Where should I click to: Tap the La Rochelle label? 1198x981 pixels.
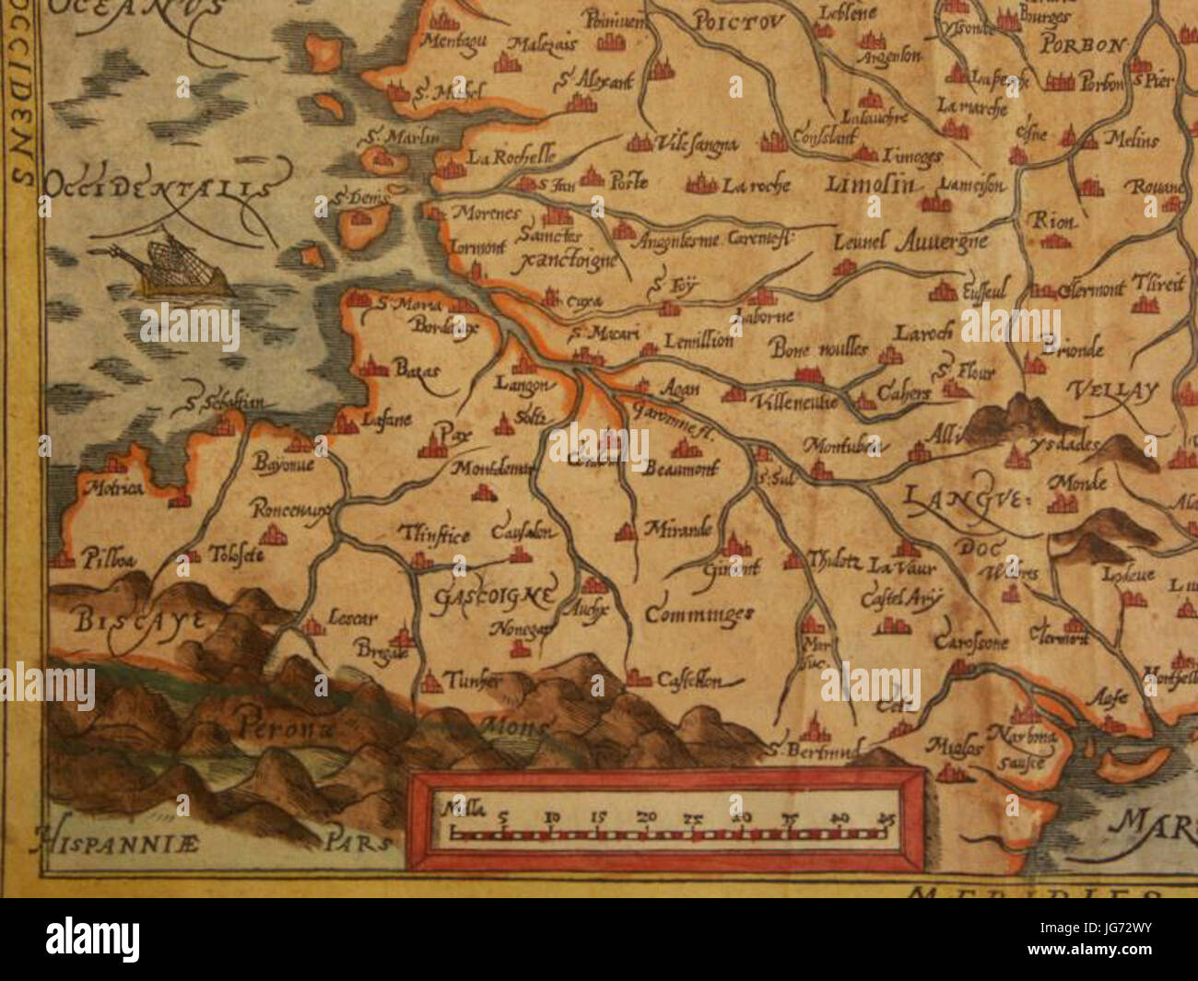(x=510, y=157)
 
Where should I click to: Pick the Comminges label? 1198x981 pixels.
(x=699, y=614)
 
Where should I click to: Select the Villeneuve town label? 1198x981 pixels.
(x=794, y=403)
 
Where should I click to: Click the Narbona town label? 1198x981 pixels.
(x=1019, y=735)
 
